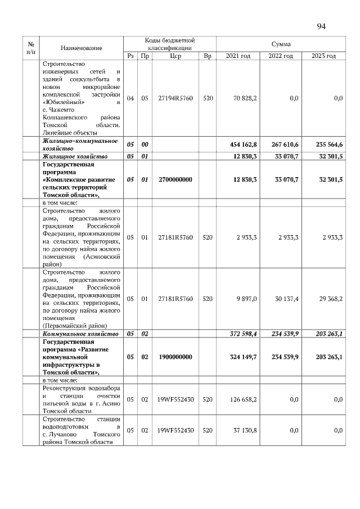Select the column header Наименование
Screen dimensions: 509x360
pyautogui.click(x=82, y=48)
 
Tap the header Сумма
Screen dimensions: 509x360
pyautogui.click(x=281, y=44)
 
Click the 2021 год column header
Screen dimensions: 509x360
pyautogui.click(x=237, y=56)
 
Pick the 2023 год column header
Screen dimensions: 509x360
pyautogui.click(x=323, y=56)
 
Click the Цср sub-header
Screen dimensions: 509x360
pyautogui.click(x=175, y=56)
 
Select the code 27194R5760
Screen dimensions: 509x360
pyautogui.click(x=175, y=98)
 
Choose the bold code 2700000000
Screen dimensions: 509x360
pyautogui.click(x=175, y=179)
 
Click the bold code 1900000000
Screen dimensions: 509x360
pyautogui.click(x=175, y=357)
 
